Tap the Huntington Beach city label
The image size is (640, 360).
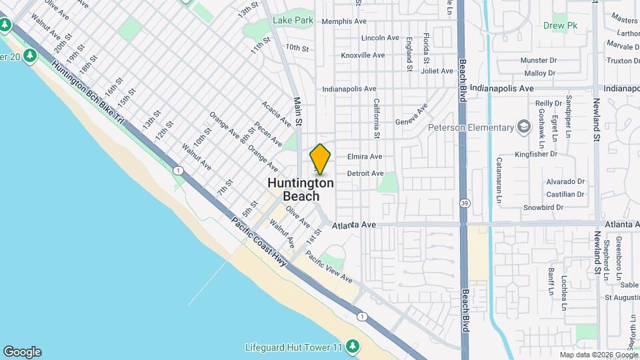click(x=301, y=189)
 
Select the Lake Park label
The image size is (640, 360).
click(x=293, y=21)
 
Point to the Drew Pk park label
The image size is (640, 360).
click(x=559, y=26)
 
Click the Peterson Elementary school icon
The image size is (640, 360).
click(x=525, y=127)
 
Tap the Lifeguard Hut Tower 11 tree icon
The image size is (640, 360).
click(x=353, y=347)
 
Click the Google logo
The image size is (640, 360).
click(x=22, y=352)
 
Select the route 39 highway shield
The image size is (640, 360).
click(x=463, y=203)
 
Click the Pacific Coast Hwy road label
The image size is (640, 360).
click(x=259, y=242)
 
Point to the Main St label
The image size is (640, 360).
click(x=298, y=112)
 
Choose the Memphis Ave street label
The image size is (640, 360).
click(x=344, y=21)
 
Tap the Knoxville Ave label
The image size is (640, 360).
click(x=363, y=55)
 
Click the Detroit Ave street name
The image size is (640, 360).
click(x=365, y=173)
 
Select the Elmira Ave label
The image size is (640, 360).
click(x=365, y=157)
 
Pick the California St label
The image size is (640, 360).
click(x=377, y=119)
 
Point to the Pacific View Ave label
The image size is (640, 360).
click(x=329, y=267)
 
